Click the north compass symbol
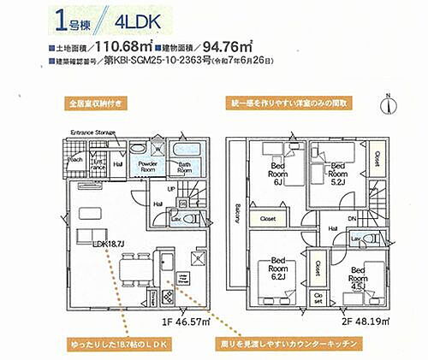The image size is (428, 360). [x=389, y=103]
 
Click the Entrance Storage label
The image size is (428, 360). [x=92, y=132]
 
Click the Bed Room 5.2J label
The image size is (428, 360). [x=337, y=170]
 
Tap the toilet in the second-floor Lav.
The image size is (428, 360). [x=370, y=238]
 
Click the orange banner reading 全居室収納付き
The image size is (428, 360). [x=97, y=104]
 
